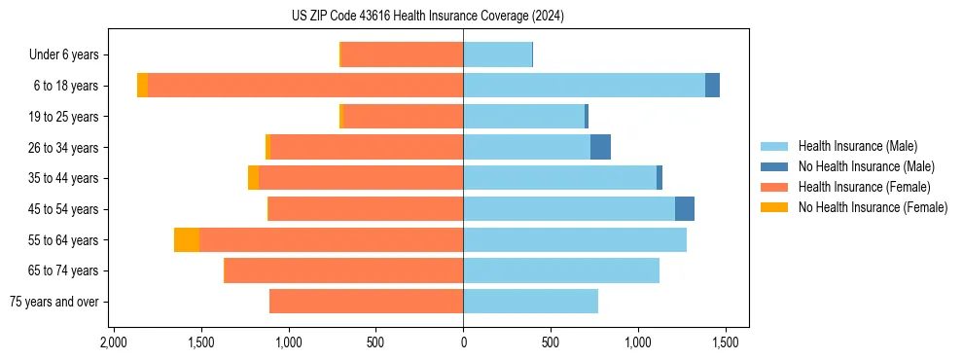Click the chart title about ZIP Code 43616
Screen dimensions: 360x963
[x=427, y=16]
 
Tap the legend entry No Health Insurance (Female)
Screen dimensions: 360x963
[x=873, y=207]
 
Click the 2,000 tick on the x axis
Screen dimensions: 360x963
[x=114, y=342]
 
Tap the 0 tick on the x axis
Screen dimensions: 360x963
[x=463, y=342]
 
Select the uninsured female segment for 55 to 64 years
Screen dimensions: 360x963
[x=187, y=239]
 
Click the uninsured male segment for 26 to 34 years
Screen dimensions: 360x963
[x=600, y=147]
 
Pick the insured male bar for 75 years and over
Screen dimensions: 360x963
[x=530, y=302]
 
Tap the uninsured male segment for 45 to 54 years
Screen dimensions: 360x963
[x=685, y=209]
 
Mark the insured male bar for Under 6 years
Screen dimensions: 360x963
[x=497, y=54]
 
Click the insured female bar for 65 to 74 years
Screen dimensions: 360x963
[x=343, y=270]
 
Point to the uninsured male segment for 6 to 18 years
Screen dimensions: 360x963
[x=712, y=86]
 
